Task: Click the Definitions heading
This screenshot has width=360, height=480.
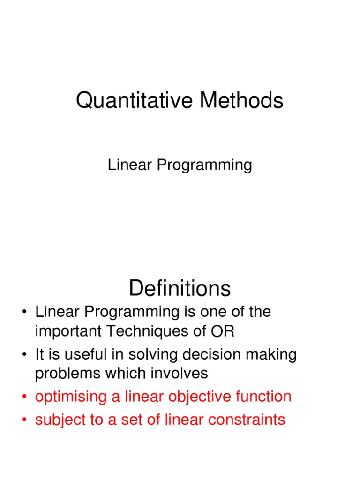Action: point(180,288)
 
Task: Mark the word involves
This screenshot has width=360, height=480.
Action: point(180,374)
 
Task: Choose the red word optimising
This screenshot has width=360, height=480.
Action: point(71,397)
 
